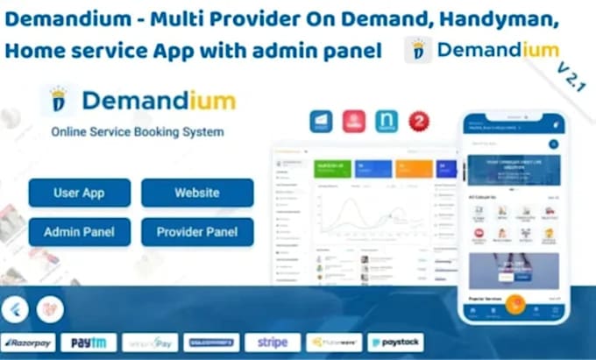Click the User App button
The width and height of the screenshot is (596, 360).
(80, 193)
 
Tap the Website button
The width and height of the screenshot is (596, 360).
(197, 193)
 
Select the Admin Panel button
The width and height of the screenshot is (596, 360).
(80, 232)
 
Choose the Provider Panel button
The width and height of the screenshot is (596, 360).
(197, 232)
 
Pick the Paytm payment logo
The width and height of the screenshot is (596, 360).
(89, 342)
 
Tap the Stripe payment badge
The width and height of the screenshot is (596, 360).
(272, 342)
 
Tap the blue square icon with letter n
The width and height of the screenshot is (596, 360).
(387, 121)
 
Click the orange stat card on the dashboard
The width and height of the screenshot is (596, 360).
(413, 169)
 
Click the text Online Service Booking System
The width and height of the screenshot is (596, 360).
(137, 132)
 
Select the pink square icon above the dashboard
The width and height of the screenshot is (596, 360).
(355, 121)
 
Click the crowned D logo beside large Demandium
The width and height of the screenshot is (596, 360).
(59, 101)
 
